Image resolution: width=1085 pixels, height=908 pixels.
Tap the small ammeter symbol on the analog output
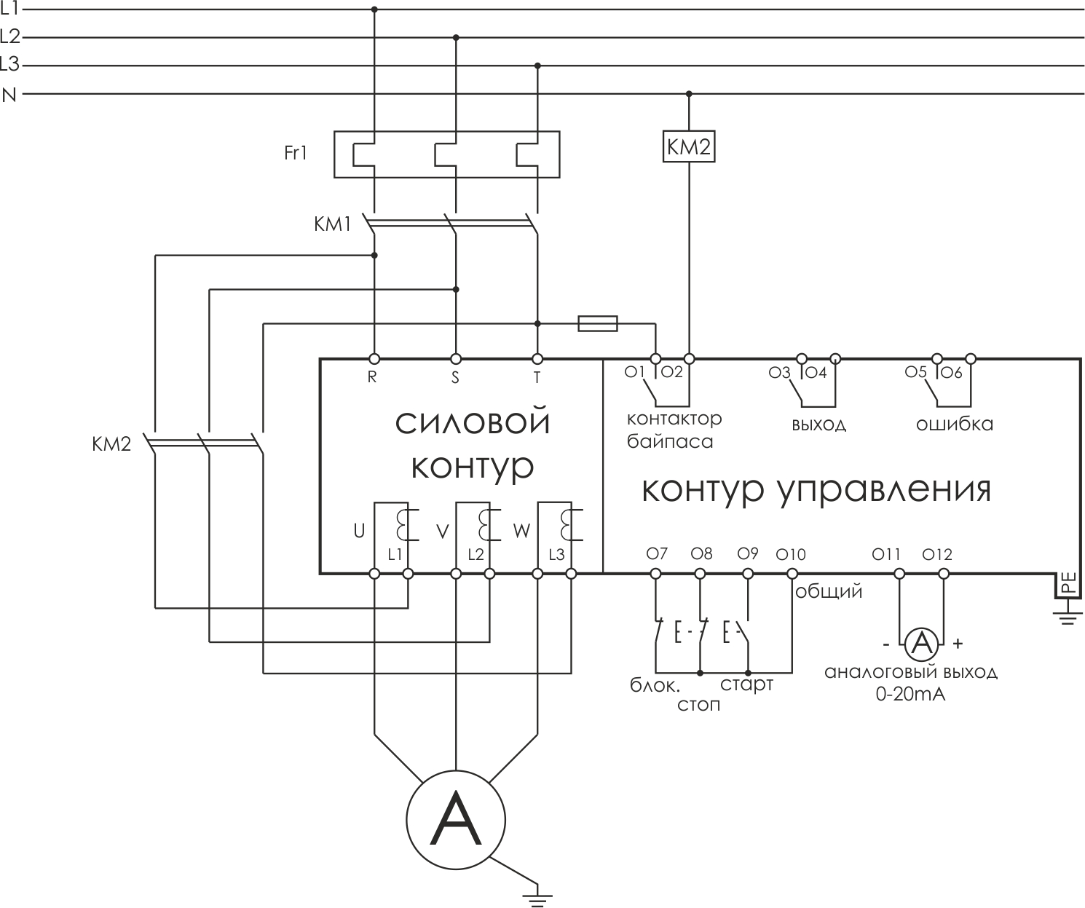click(x=922, y=643)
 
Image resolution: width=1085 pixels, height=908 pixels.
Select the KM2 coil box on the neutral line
click(x=688, y=146)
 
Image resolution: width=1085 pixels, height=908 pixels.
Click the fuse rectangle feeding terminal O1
click(x=598, y=323)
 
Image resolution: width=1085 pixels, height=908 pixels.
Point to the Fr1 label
click(x=296, y=154)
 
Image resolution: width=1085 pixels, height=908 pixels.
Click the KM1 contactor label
click(x=332, y=224)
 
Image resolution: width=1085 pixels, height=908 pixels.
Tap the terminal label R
click(x=372, y=377)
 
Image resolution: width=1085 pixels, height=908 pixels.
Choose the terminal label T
click(x=537, y=377)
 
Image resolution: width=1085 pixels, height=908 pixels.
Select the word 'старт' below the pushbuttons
click(x=746, y=685)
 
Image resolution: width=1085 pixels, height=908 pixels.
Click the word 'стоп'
click(x=698, y=705)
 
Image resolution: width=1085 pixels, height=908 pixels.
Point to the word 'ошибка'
click(x=954, y=424)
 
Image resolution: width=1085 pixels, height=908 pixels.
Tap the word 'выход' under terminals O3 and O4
click(x=818, y=425)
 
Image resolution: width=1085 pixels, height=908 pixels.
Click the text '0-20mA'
click(x=910, y=695)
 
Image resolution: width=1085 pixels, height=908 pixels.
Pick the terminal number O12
click(x=937, y=555)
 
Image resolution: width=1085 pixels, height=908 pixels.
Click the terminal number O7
click(x=657, y=554)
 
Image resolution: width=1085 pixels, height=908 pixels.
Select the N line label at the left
click(x=9, y=95)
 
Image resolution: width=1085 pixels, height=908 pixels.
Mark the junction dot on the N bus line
click(x=689, y=94)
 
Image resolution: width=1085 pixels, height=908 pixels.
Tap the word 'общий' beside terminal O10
click(x=829, y=591)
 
